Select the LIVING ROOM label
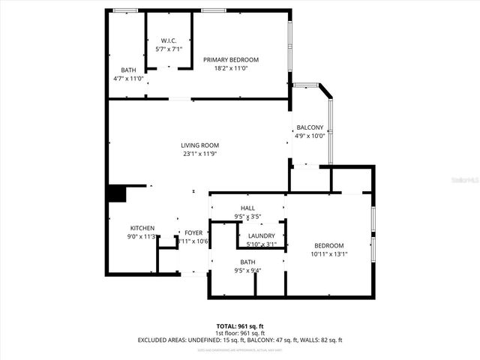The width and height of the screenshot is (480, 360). (199, 145)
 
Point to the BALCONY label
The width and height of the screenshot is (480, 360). (309, 127)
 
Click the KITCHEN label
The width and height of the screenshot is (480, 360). (142, 228)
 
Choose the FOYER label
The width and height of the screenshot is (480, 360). (193, 232)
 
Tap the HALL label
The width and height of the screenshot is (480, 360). (247, 208)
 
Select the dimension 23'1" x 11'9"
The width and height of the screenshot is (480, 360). (199, 154)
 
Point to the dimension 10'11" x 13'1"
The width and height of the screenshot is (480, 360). (328, 254)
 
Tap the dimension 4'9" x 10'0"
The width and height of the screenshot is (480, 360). (309, 136)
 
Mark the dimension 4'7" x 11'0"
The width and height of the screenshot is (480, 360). (128, 78)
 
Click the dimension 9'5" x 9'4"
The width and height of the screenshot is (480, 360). (247, 270)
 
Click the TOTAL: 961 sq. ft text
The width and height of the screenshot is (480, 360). (239, 326)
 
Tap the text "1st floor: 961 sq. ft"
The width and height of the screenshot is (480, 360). (239, 333)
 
